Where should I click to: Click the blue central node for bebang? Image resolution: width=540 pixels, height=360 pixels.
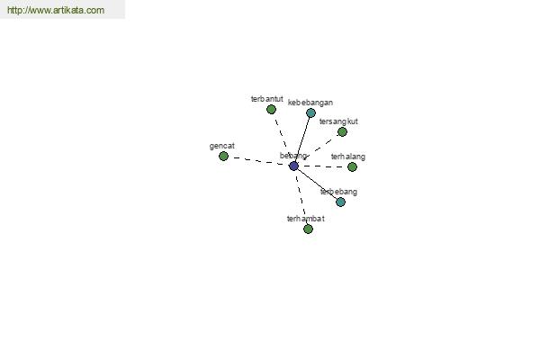click(293, 166)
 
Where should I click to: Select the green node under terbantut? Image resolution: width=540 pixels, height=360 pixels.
click(271, 110)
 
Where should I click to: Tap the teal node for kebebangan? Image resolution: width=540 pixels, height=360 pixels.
click(310, 112)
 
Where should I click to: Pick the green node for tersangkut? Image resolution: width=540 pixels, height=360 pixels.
click(342, 131)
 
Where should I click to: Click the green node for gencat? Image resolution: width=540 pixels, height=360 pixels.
click(223, 156)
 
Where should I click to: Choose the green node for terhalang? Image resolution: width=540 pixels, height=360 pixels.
click(352, 166)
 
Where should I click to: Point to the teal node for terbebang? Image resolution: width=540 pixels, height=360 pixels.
click(340, 202)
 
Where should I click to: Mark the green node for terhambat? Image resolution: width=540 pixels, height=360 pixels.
click(308, 229)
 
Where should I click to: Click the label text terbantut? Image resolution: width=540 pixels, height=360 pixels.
click(267, 99)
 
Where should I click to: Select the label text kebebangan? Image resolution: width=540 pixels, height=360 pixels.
click(310, 103)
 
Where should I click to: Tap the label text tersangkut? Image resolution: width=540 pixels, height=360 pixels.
click(338, 121)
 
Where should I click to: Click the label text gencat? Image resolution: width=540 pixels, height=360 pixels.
click(222, 146)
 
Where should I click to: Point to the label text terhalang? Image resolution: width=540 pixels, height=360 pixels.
click(348, 157)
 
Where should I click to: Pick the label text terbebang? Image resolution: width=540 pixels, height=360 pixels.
click(339, 192)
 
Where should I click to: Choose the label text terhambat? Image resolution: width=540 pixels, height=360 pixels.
click(306, 219)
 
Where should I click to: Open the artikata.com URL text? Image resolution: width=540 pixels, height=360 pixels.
click(56, 10)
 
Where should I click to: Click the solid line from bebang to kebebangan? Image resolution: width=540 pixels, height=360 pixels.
click(302, 139)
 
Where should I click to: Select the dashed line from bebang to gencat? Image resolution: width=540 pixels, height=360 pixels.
click(258, 161)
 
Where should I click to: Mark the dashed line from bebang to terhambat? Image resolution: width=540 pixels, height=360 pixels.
click(301, 197)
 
